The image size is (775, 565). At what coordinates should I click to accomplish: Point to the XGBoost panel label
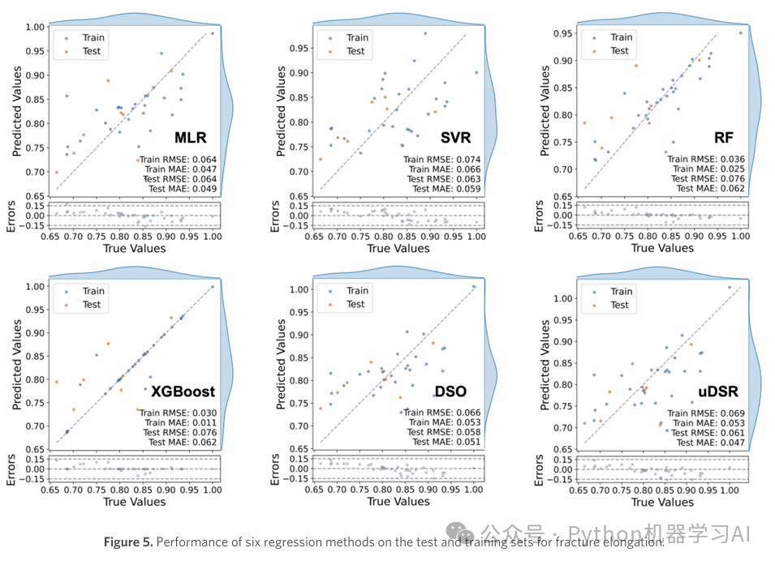(x=182, y=392)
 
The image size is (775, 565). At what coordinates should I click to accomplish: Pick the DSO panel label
(x=450, y=392)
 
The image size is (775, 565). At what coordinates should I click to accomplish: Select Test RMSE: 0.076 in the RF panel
(x=708, y=178)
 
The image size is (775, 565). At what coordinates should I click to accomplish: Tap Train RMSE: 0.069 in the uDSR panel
(x=709, y=413)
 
